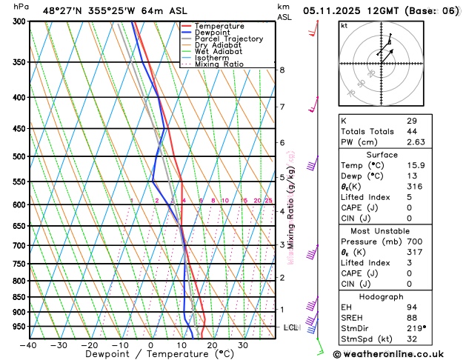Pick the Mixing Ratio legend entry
220,64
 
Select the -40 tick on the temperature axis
28,344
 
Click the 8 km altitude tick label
282,70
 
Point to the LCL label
290,327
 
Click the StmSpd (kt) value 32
412,339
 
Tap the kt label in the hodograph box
344,25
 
